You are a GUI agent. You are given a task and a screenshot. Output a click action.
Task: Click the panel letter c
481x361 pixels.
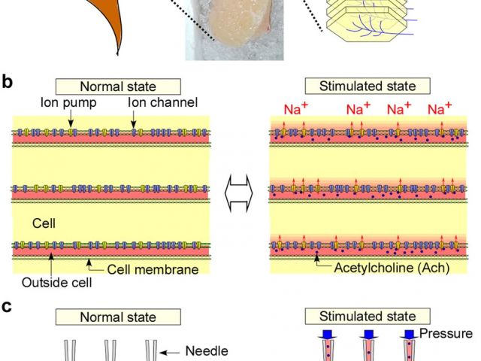[7, 308]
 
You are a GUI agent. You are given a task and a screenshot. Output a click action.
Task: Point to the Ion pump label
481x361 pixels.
[70, 102]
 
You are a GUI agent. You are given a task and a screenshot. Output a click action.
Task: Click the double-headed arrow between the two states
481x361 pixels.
[239, 191]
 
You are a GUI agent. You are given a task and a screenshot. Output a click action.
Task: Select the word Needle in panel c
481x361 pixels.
[206, 350]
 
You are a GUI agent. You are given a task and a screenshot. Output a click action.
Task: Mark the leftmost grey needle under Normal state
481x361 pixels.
[70, 350]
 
